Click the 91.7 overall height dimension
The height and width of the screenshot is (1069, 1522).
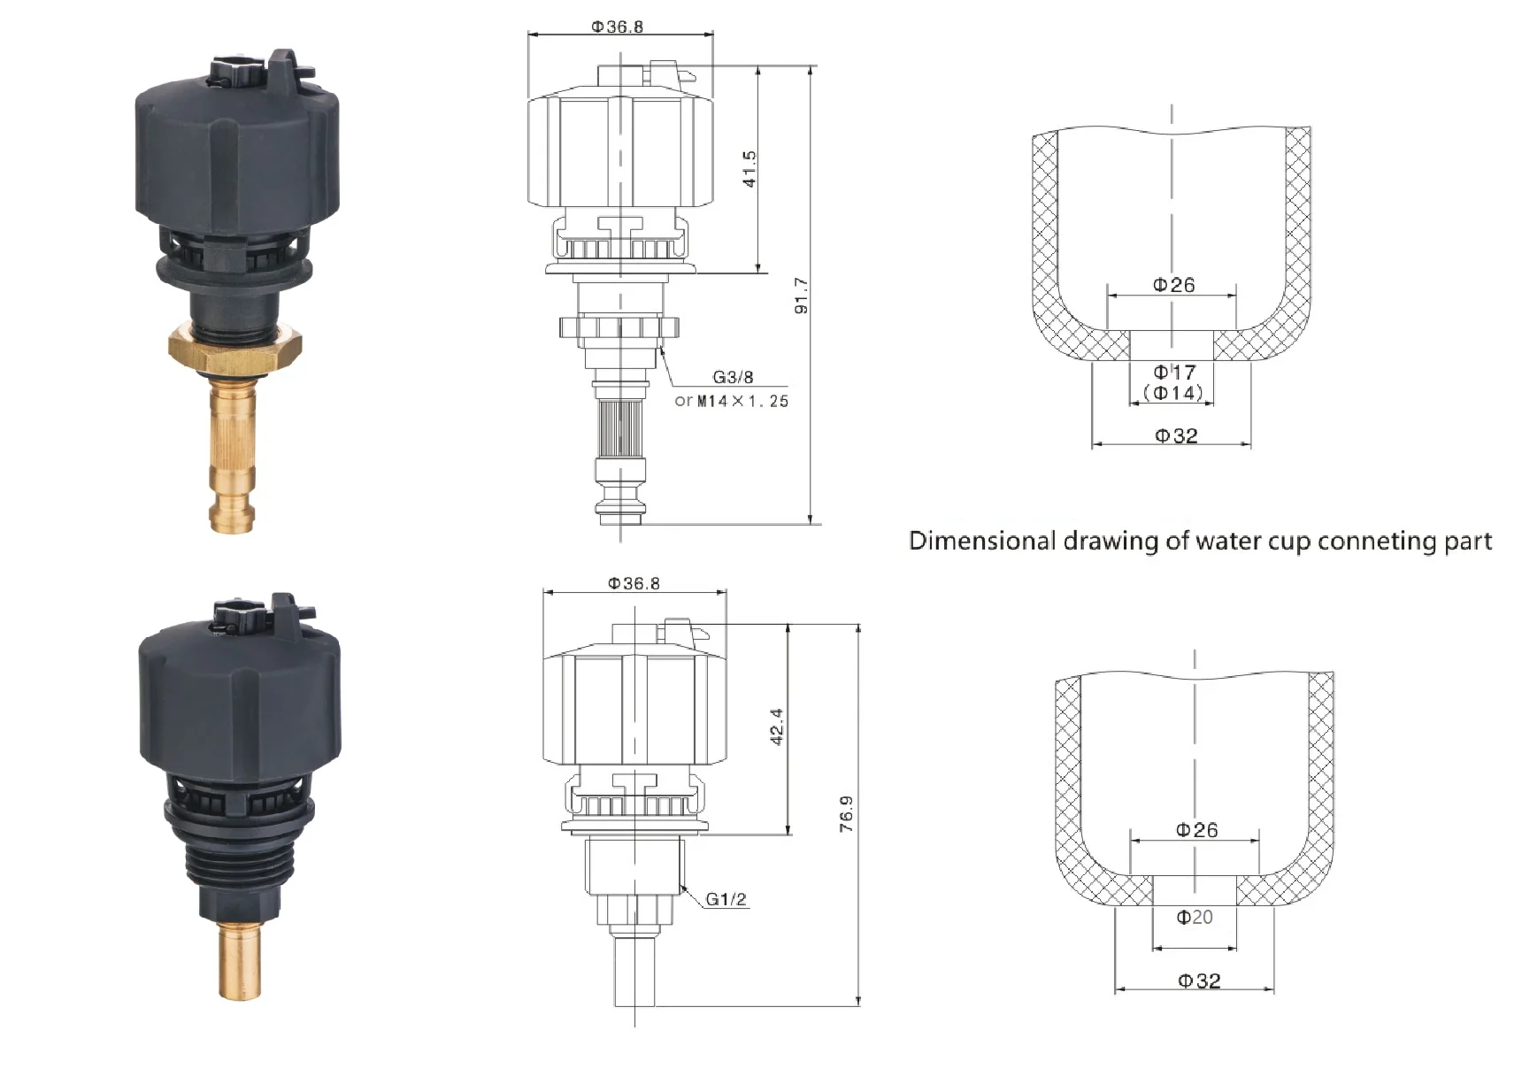coord(801,296)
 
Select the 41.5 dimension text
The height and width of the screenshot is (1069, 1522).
coord(749,168)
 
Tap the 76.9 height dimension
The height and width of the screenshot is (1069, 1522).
coord(847,813)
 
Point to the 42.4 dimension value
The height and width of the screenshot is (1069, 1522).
coord(776,727)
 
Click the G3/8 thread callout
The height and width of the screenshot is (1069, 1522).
coord(733,378)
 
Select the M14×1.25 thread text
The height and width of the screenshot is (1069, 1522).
coord(742,401)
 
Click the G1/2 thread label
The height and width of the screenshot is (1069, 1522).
coord(726,900)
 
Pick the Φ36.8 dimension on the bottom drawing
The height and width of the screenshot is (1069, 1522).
coord(634,583)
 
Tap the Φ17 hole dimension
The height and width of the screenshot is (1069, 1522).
coord(1174,373)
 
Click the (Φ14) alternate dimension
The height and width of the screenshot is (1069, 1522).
coord(1173,393)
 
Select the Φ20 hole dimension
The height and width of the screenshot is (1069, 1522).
coord(1194,918)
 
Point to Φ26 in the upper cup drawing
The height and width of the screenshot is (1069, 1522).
coord(1173,285)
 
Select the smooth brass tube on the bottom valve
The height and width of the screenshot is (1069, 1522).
coord(240,960)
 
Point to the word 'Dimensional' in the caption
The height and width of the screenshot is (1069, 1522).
coord(982,541)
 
